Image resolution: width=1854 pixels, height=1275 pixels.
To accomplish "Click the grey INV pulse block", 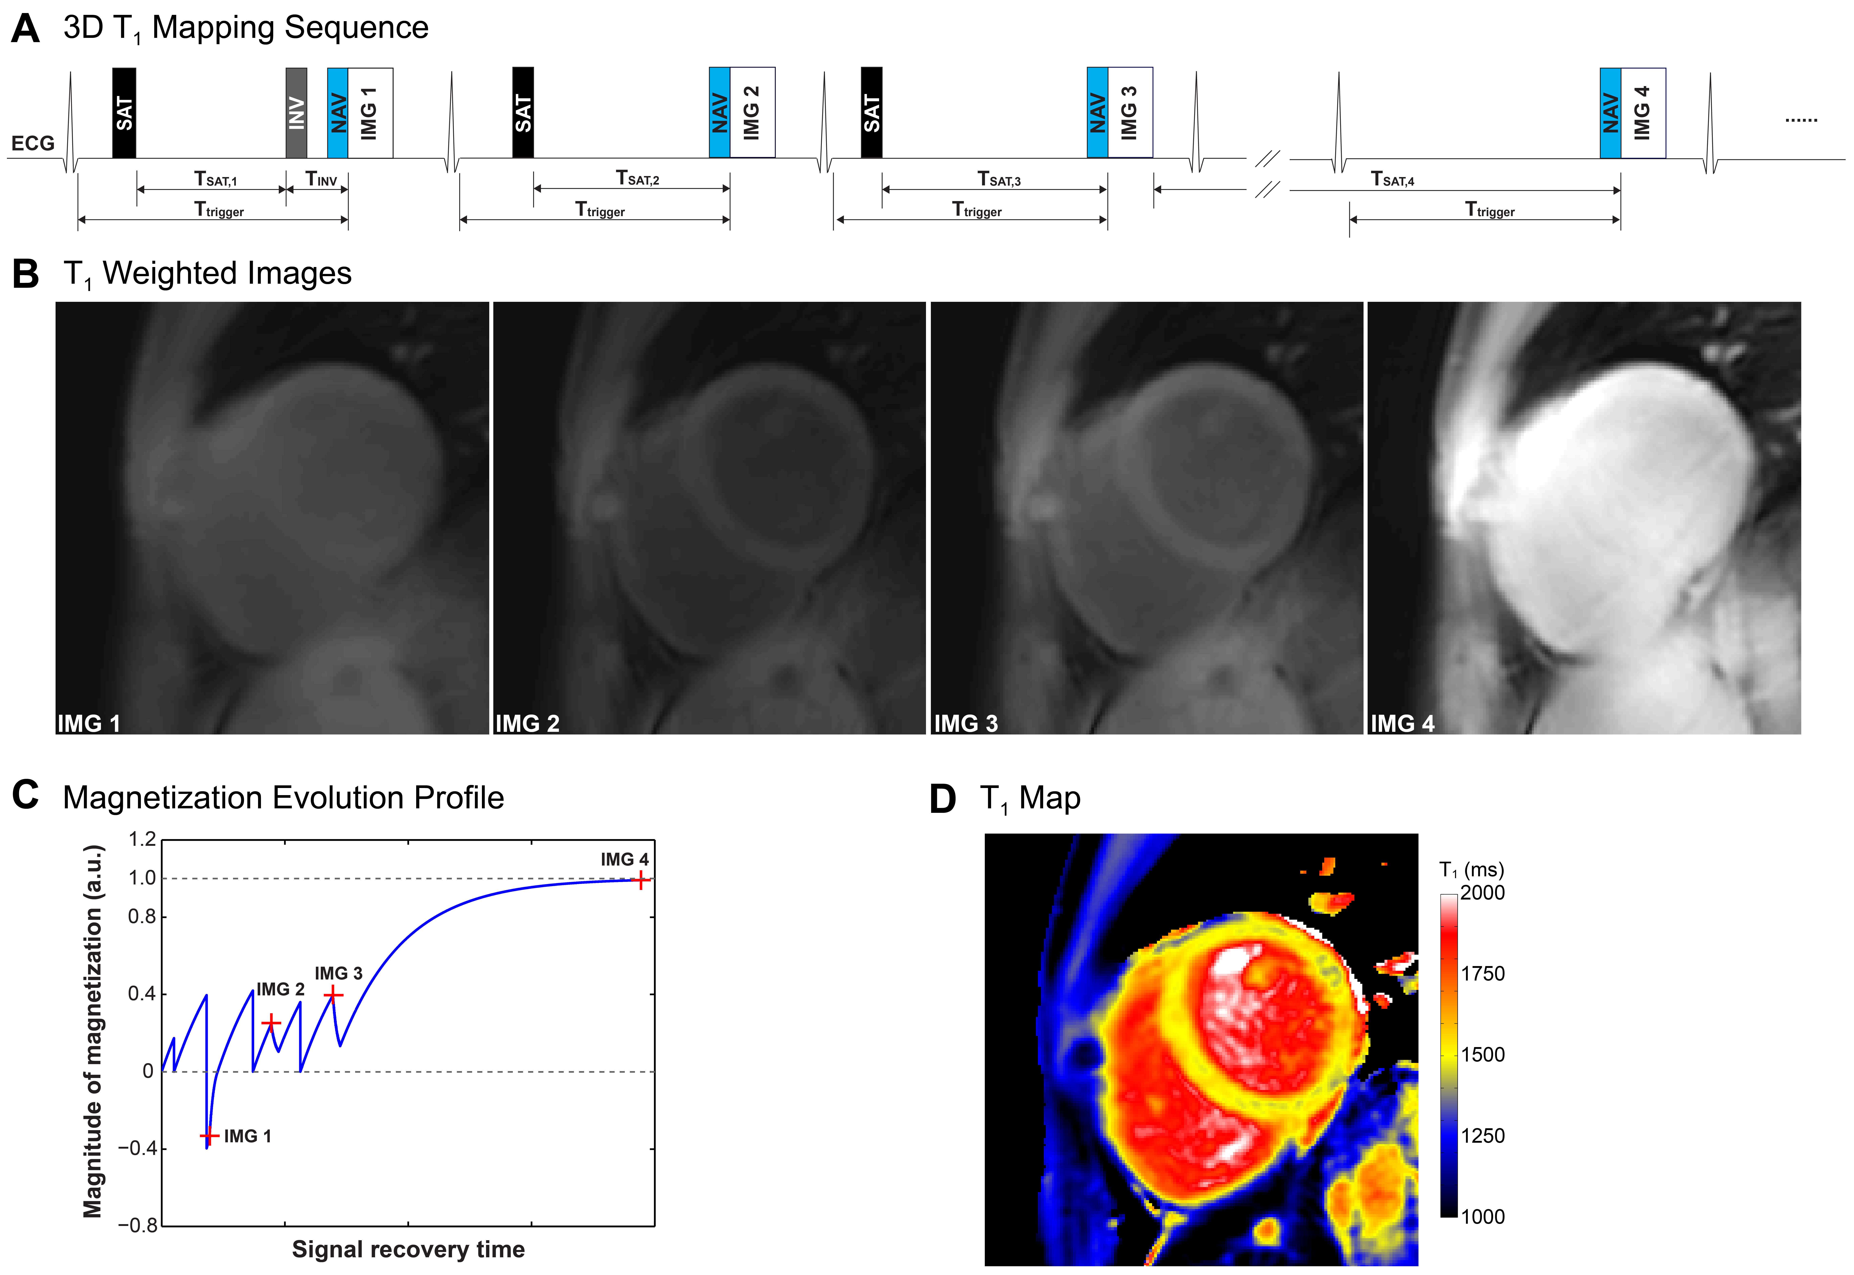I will click(x=296, y=113).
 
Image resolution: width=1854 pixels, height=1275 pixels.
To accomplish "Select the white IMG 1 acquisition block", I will click(x=370, y=113).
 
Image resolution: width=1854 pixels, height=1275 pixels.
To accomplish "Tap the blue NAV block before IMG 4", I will click(x=1610, y=113).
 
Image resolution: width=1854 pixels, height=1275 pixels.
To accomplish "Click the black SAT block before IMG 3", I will click(x=871, y=113).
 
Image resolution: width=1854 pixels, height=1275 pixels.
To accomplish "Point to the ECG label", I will click(x=33, y=144).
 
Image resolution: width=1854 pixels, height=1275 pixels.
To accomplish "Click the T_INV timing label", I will click(x=321, y=179).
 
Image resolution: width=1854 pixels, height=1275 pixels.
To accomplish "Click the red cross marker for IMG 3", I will click(x=333, y=995).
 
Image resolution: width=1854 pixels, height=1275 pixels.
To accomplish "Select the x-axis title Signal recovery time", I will click(x=408, y=1249).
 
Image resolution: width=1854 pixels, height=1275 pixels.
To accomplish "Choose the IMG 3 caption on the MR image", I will click(x=966, y=724).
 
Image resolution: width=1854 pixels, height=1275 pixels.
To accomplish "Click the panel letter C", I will click(x=26, y=796).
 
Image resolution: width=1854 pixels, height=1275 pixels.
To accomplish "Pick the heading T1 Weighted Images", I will click(x=208, y=274).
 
